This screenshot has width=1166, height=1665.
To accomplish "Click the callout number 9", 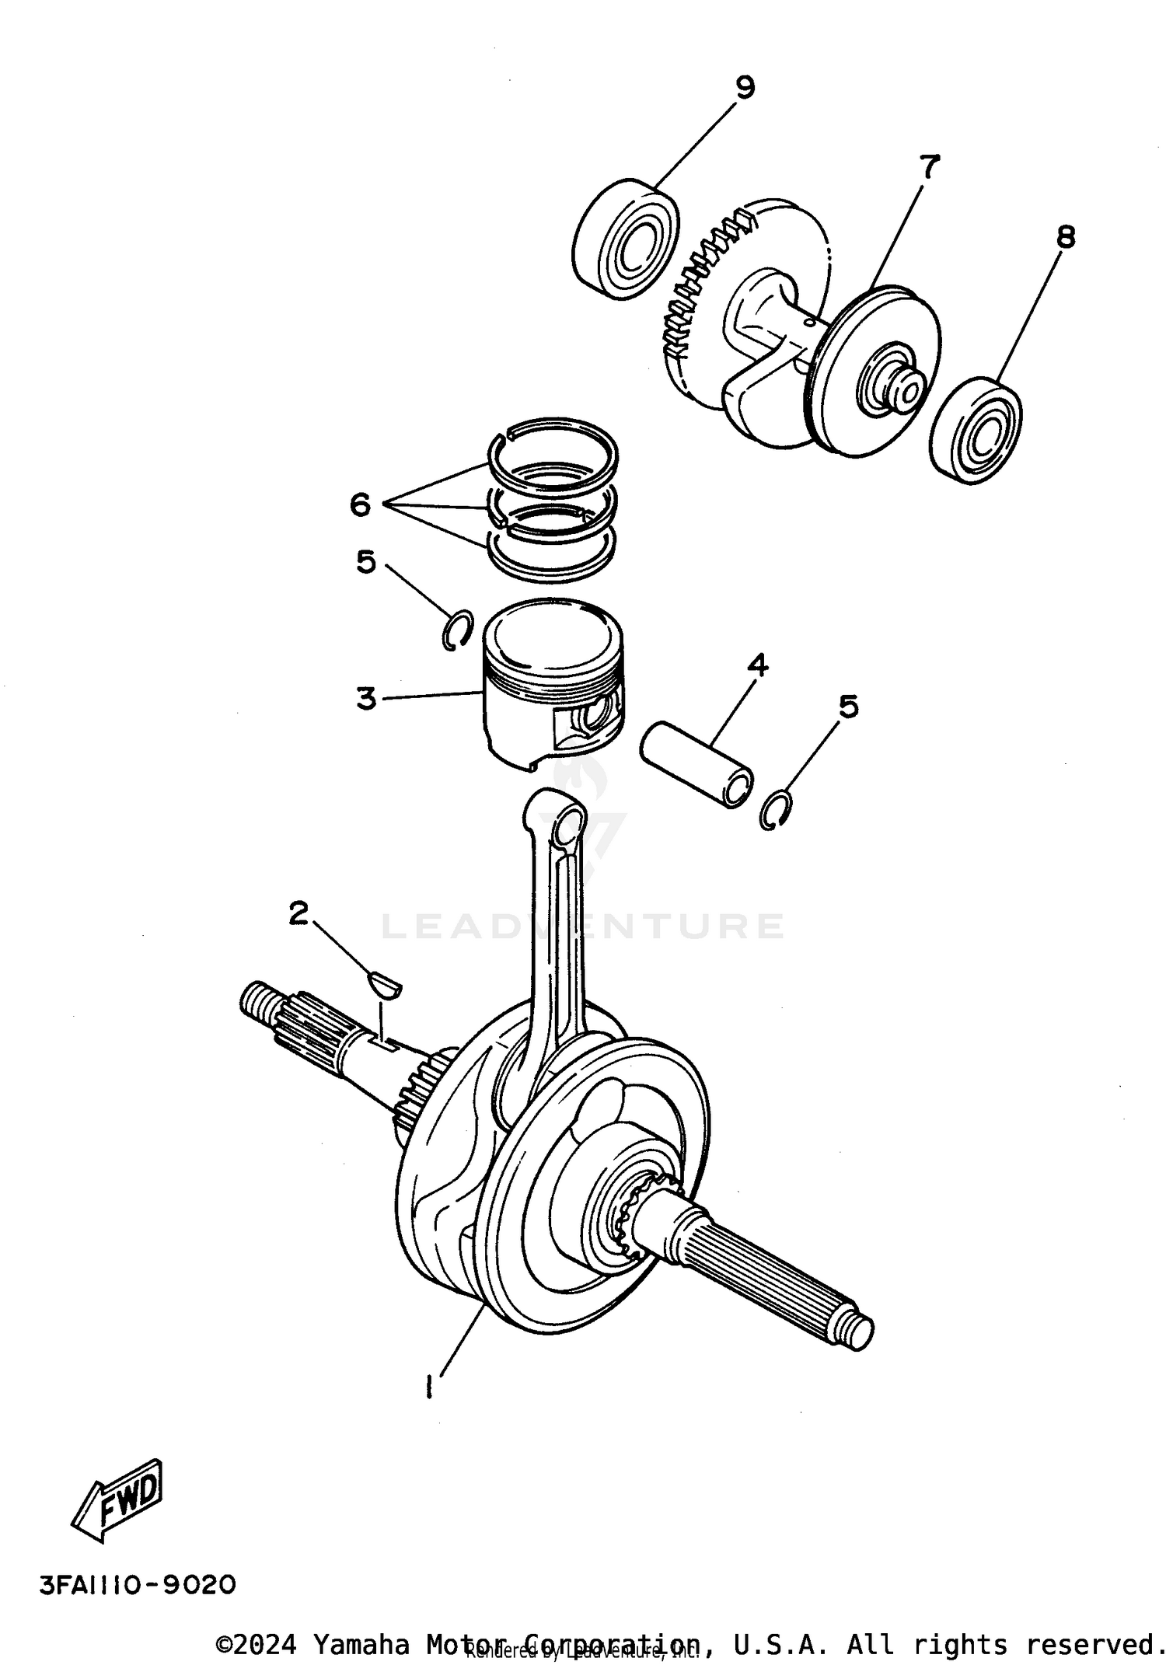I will point(744,88).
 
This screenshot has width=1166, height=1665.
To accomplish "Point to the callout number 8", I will point(1065,236).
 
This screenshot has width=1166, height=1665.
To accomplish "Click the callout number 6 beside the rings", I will point(360,505).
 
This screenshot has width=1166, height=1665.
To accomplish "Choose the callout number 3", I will point(366,697).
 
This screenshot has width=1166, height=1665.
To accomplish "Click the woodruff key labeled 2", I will point(384,985).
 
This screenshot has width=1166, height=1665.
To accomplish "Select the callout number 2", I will point(298,913).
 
